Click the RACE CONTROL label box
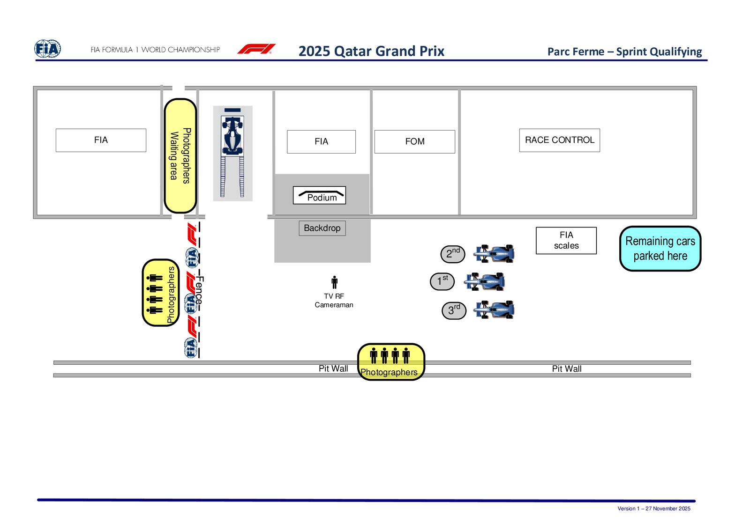[x=559, y=140]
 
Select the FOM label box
[x=414, y=141]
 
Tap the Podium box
[x=319, y=195]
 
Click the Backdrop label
[x=322, y=228]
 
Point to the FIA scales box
[x=566, y=241]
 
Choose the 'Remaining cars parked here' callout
[x=660, y=249]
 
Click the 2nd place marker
[x=452, y=254]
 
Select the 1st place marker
[x=442, y=281]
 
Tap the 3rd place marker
[x=454, y=310]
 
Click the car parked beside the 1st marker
[x=484, y=282]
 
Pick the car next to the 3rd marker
[x=495, y=309]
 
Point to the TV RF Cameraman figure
[x=334, y=282]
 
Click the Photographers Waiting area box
[x=180, y=155]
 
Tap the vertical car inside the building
[x=232, y=136]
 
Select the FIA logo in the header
[x=47, y=49]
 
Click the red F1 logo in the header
[x=256, y=49]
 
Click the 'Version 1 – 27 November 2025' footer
[x=653, y=508]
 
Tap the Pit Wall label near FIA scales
[x=566, y=369]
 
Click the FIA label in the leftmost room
[x=101, y=140]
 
